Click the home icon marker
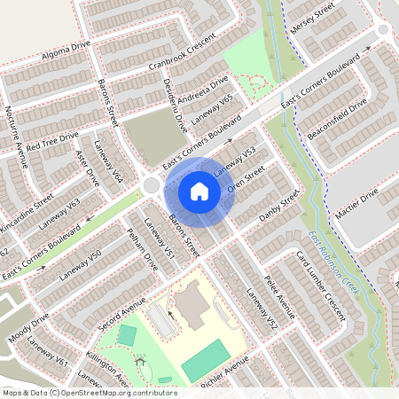199,192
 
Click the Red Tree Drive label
52,140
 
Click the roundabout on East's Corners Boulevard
152,186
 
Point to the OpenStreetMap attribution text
89,392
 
